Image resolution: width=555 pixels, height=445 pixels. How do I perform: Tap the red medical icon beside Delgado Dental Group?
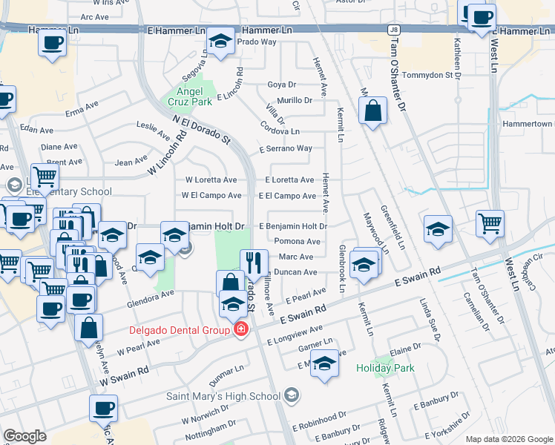tap(240, 329)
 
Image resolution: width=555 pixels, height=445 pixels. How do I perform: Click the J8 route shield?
tap(393, 30)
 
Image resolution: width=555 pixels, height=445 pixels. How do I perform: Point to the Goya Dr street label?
tap(281, 85)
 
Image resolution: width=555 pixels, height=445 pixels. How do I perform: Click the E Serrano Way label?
tap(286, 148)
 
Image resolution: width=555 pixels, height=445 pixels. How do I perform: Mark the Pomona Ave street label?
tap(297, 241)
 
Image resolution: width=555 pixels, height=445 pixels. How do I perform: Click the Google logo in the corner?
tap(24, 436)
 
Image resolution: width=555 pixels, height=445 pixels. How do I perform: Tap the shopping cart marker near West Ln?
tap(490, 223)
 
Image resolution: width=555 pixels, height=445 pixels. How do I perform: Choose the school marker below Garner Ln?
tap(324, 364)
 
